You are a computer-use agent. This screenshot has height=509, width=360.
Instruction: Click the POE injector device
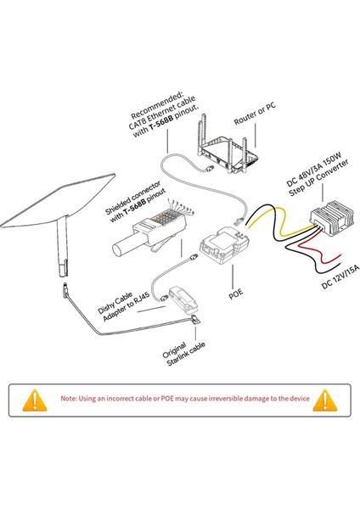click(222, 245)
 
